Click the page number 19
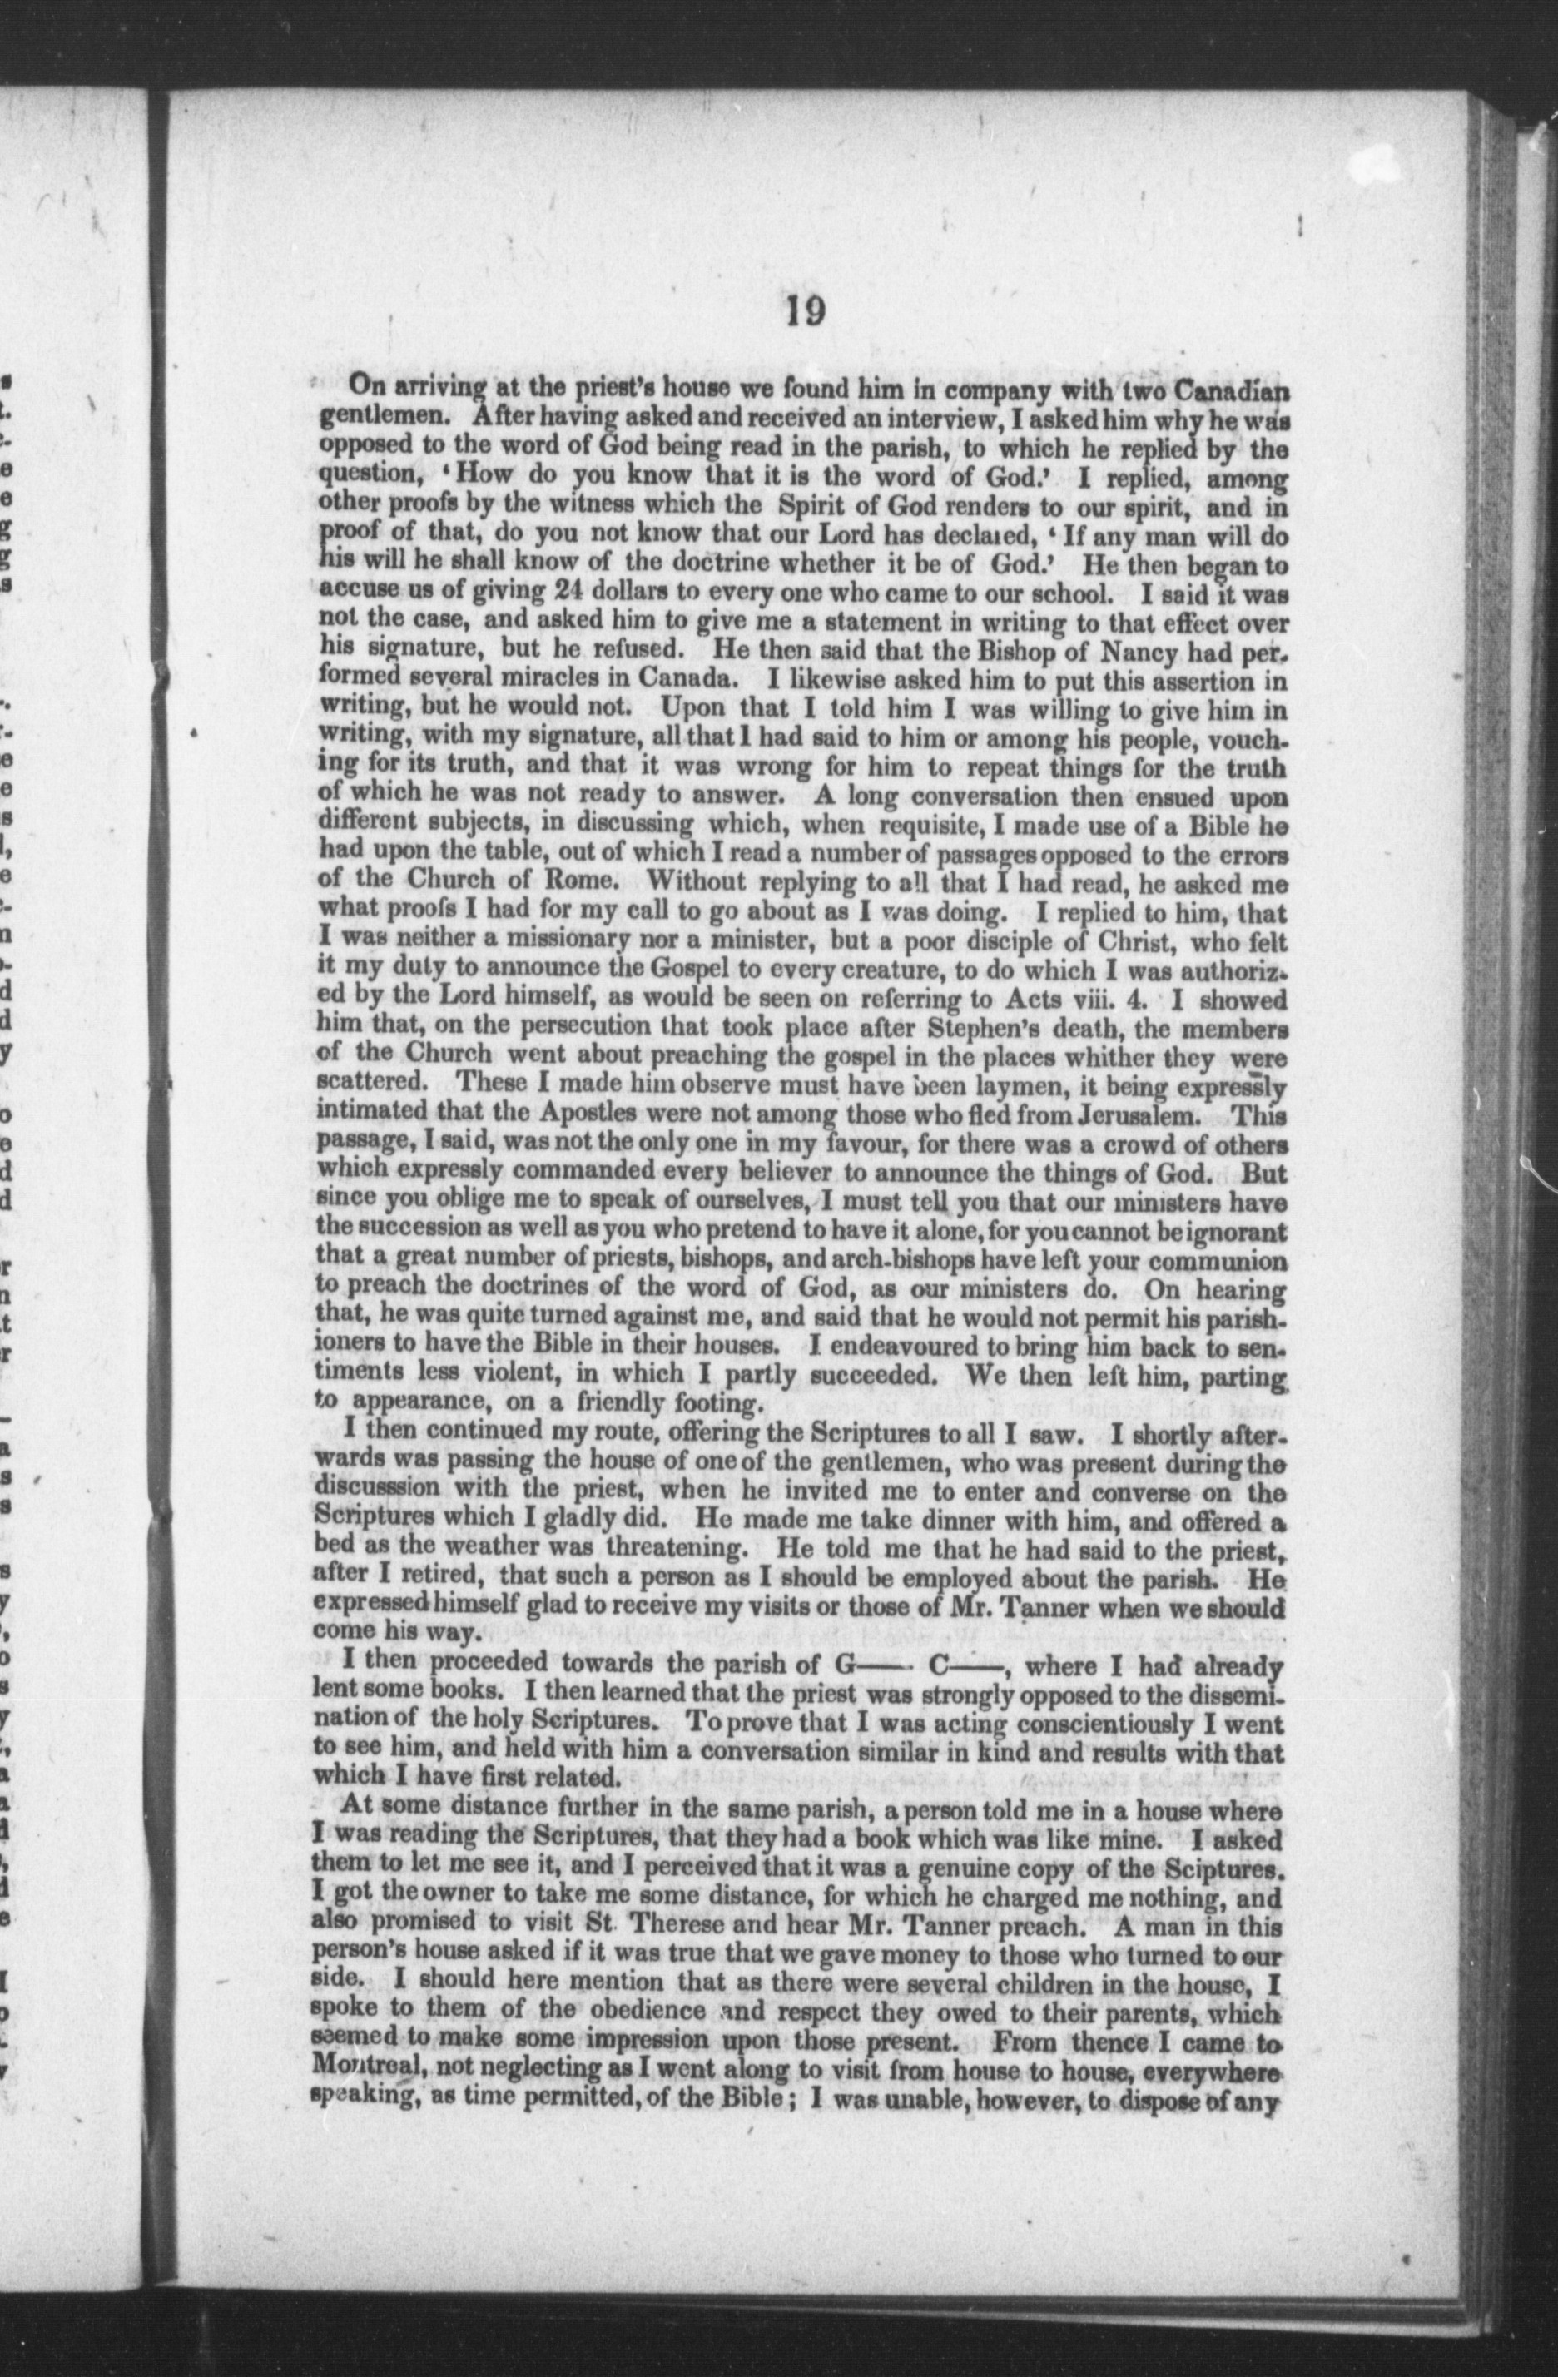tap(804, 311)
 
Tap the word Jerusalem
tap(1118, 1113)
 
